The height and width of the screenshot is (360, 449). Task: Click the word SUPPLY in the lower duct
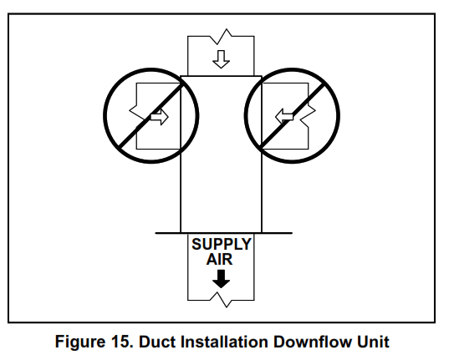tap(222, 245)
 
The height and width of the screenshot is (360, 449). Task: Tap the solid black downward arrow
tap(222, 278)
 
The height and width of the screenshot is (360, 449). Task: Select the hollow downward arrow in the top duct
tap(222, 59)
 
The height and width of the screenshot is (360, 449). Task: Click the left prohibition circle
tap(150, 116)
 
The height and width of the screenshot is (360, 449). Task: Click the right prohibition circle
tap(293, 116)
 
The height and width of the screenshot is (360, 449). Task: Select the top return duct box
tap(221, 55)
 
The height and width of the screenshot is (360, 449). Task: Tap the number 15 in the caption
tap(123, 342)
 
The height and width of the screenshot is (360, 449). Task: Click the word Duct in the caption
tap(156, 342)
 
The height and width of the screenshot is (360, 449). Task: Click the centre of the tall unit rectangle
tap(221, 155)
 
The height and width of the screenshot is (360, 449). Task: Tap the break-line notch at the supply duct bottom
tap(222, 299)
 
